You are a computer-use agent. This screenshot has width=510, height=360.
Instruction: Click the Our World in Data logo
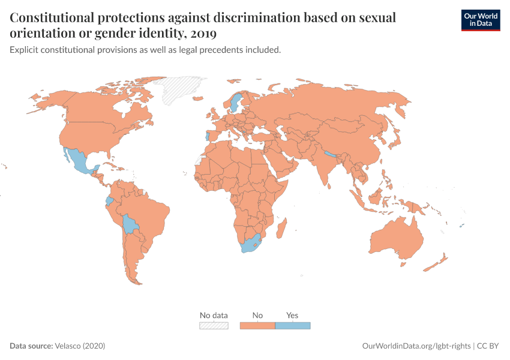click(x=480, y=19)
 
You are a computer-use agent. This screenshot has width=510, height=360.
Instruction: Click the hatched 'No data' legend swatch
click(x=214, y=326)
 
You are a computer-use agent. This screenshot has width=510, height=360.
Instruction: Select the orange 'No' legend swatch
click(x=257, y=326)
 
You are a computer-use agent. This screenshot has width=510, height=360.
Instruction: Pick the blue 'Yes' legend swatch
click(x=293, y=326)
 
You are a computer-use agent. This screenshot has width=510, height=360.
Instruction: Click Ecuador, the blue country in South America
click(x=109, y=201)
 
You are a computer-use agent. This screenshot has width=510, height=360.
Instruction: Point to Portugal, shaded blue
click(x=207, y=137)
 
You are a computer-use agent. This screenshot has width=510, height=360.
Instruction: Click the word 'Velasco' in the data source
click(x=68, y=346)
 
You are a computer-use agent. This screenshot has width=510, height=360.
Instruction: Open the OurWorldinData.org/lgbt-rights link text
click(x=417, y=346)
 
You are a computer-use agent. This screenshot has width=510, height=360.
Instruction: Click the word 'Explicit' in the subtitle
click(x=23, y=50)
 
